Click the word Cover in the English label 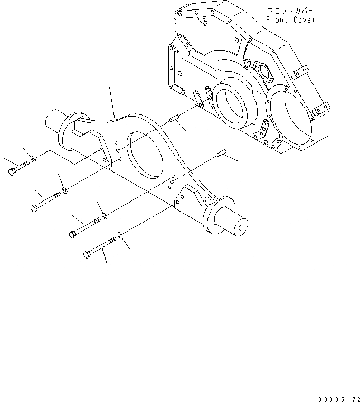(x=305, y=20)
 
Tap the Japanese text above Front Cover (x=290, y=11)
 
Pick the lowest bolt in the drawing (x=100, y=247)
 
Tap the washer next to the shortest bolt (x=34, y=159)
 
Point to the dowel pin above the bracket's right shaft (x=221, y=154)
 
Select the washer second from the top (x=64, y=189)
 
